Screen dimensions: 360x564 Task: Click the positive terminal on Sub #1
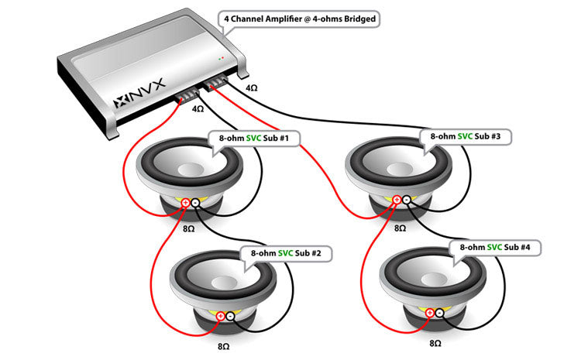click(186, 203)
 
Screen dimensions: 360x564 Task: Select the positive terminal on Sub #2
click(221, 315)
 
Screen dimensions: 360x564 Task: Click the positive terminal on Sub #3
click(397, 200)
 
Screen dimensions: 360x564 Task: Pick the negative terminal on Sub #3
click(408, 200)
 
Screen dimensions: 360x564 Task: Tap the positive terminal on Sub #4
click(429, 313)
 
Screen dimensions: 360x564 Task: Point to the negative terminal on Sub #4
click(439, 313)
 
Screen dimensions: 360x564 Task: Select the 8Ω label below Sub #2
click(224, 347)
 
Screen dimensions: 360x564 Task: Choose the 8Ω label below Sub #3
click(400, 229)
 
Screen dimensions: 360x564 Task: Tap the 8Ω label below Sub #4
click(434, 342)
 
